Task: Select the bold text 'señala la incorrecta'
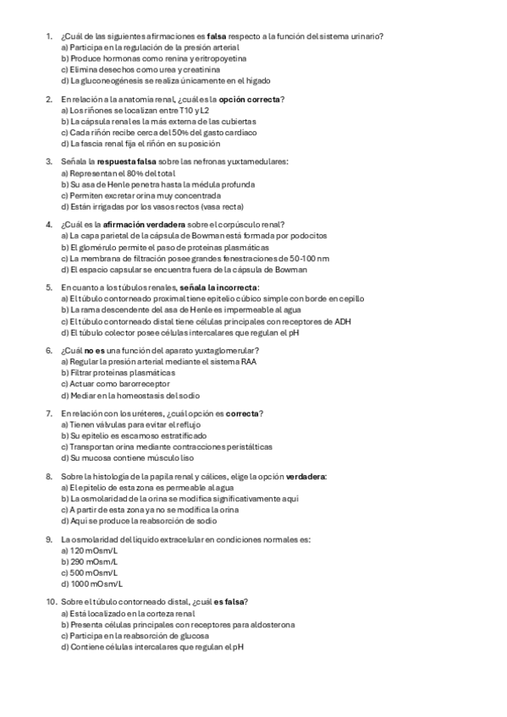coord(214,287)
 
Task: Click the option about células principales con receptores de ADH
coord(206,321)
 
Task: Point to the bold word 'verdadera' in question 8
coord(306,476)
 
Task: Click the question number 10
coord(50,601)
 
